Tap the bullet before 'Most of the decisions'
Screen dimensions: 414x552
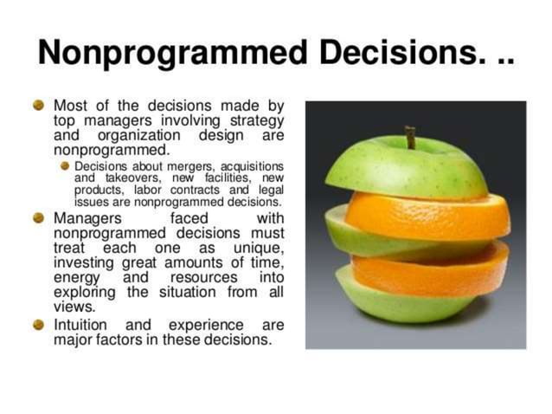click(x=38, y=105)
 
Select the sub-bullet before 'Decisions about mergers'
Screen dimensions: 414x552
click(x=65, y=165)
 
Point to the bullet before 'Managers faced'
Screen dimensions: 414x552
click(x=38, y=217)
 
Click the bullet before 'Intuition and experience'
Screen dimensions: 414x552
click(x=38, y=325)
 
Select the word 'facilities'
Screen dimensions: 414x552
click(x=228, y=178)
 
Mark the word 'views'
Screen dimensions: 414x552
click(x=73, y=307)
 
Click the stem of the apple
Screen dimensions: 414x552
click(x=410, y=137)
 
